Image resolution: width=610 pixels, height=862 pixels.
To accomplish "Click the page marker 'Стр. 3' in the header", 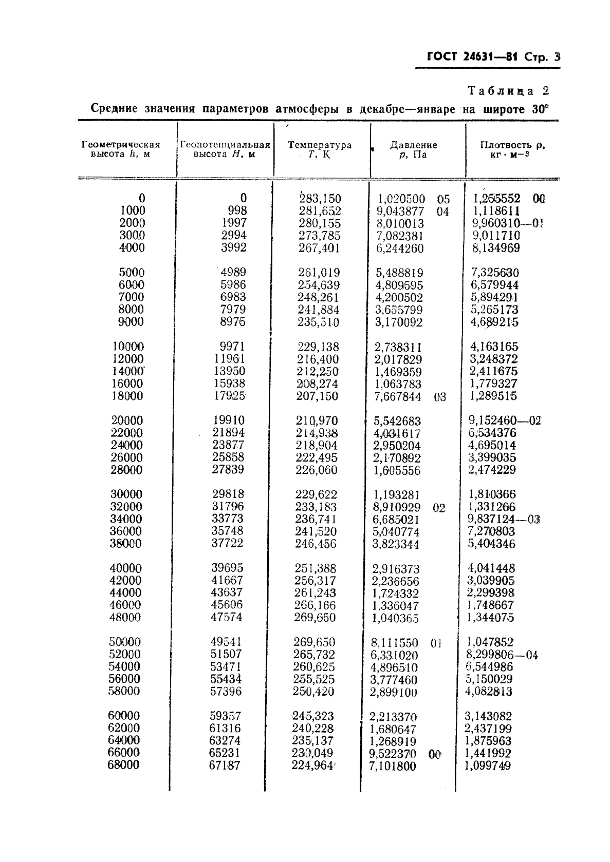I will pyautogui.click(x=542, y=57).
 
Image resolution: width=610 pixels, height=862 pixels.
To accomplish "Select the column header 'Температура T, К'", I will pyautogui.click(x=320, y=149).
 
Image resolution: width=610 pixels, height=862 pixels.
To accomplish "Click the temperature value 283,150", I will pyautogui.click(x=320, y=199).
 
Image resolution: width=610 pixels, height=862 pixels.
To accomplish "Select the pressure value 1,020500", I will pyautogui.click(x=401, y=199).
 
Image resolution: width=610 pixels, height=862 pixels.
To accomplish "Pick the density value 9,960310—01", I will pyautogui.click(x=507, y=223).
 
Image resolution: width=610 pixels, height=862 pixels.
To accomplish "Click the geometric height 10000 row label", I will pyautogui.click(x=128, y=347).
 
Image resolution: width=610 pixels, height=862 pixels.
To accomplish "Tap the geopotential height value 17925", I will pyautogui.click(x=229, y=396).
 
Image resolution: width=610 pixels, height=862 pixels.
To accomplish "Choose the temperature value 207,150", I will pyautogui.click(x=317, y=396).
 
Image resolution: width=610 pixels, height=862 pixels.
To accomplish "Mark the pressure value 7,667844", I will pyautogui.click(x=397, y=397).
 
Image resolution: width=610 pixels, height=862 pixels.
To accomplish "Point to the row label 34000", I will pyautogui.click(x=126, y=519).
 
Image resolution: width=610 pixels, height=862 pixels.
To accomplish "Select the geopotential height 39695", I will pyautogui.click(x=227, y=568).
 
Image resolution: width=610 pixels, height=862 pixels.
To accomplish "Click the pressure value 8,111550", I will pyautogui.click(x=394, y=643).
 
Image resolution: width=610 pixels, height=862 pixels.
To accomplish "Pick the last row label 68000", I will pyautogui.click(x=123, y=765).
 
